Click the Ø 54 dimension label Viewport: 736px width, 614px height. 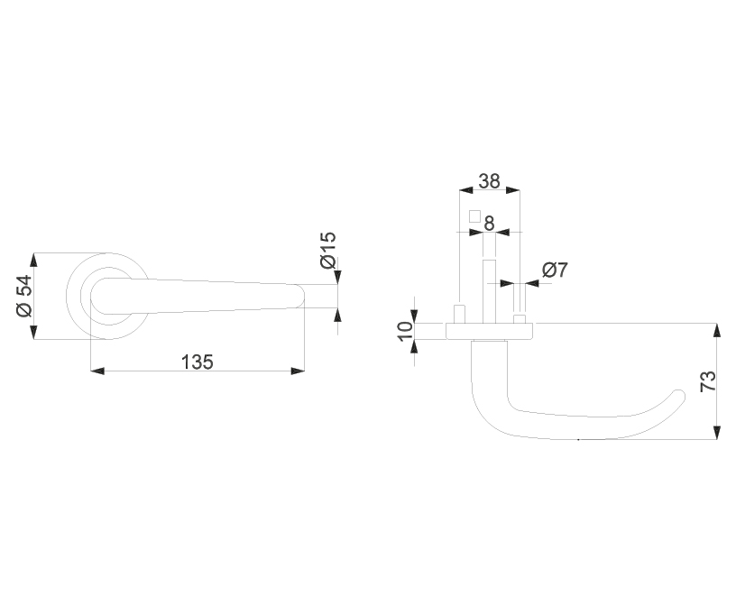pos(24,296)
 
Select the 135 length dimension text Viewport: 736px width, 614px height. pos(198,362)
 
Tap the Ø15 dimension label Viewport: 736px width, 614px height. pos(328,250)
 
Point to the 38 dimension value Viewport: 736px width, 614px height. pos(489,181)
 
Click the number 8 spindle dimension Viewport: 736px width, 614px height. pos(489,224)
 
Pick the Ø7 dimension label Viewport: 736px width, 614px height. pos(555,270)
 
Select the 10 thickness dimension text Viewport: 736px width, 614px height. pos(404,332)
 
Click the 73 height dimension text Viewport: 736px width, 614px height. pos(708,380)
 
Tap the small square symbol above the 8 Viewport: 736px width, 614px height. pos(475,215)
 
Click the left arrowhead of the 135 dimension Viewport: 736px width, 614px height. pos(97,371)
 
